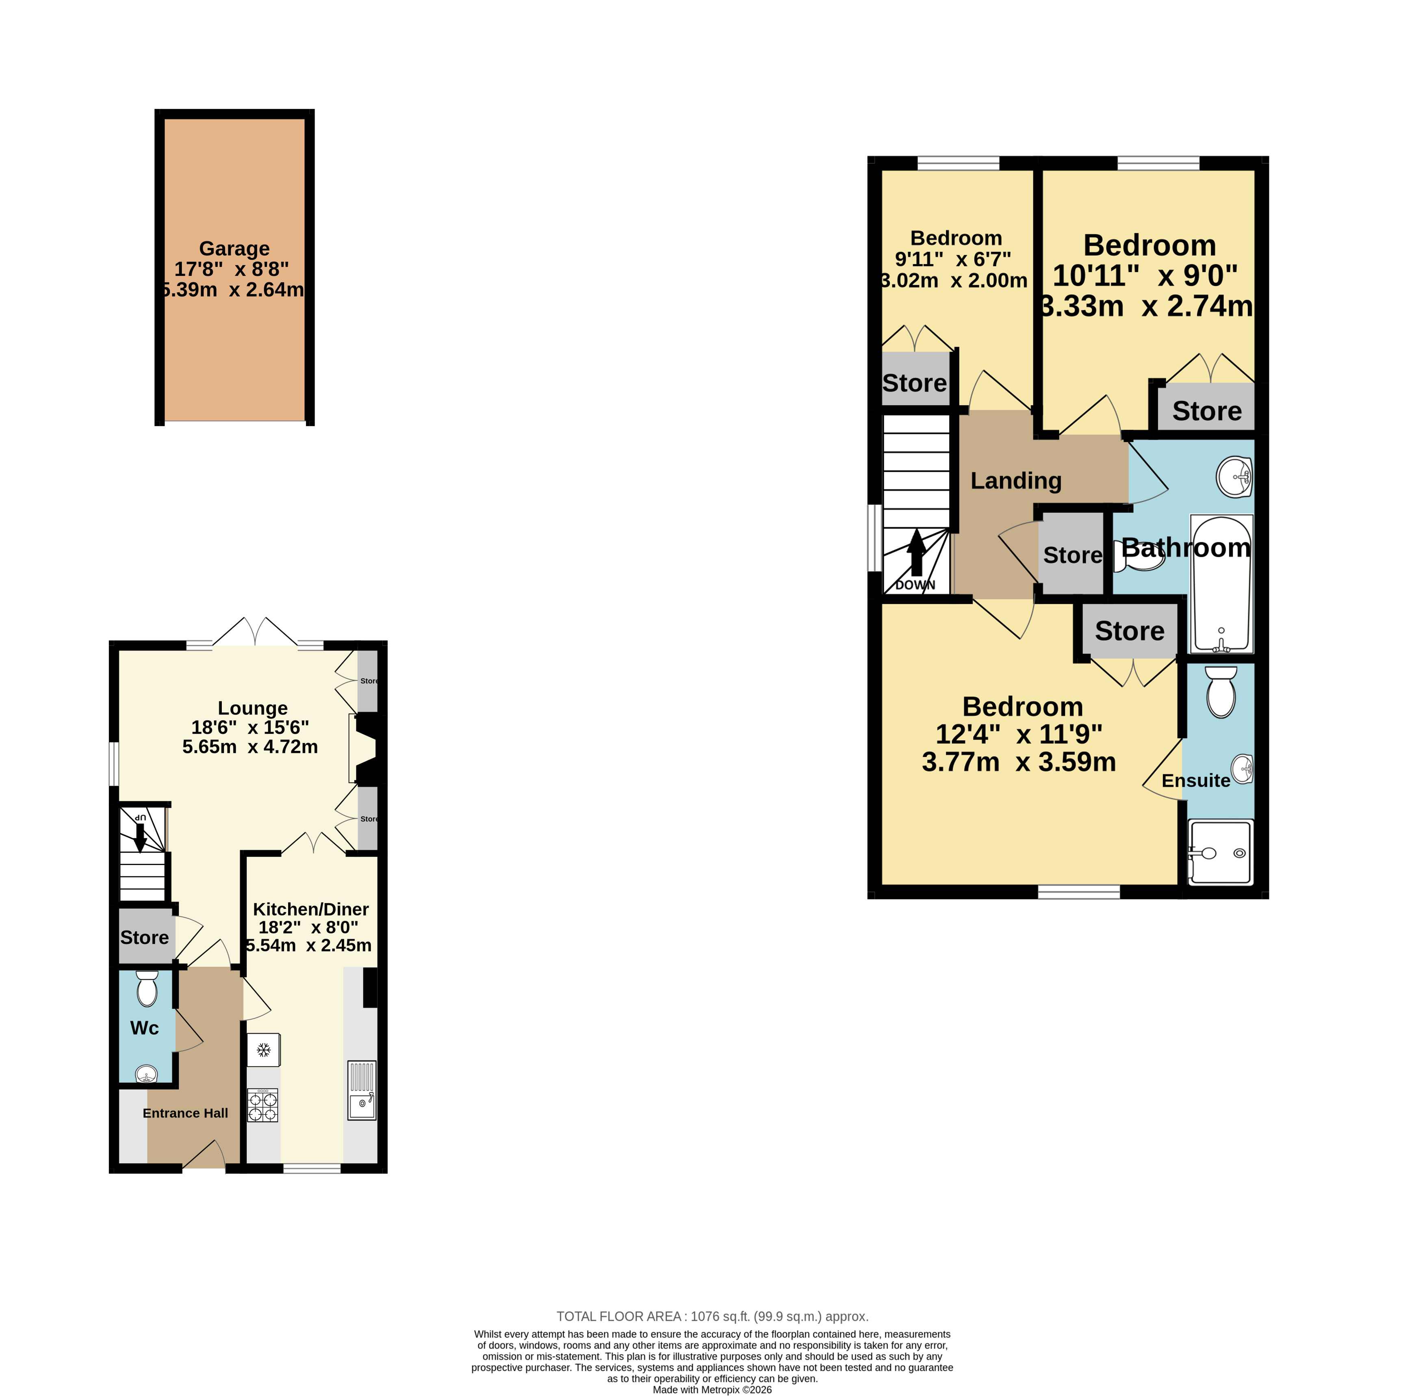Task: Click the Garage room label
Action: pyautogui.click(x=234, y=249)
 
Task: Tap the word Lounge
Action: pyautogui.click(x=252, y=708)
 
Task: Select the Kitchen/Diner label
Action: pyautogui.click(x=310, y=909)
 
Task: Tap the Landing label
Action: pyautogui.click(x=1016, y=480)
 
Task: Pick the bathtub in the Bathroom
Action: pyautogui.click(x=1221, y=583)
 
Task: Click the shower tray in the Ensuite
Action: pyautogui.click(x=1220, y=852)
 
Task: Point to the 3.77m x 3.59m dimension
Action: pyautogui.click(x=1019, y=762)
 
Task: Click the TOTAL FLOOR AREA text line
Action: pyautogui.click(x=712, y=1316)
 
